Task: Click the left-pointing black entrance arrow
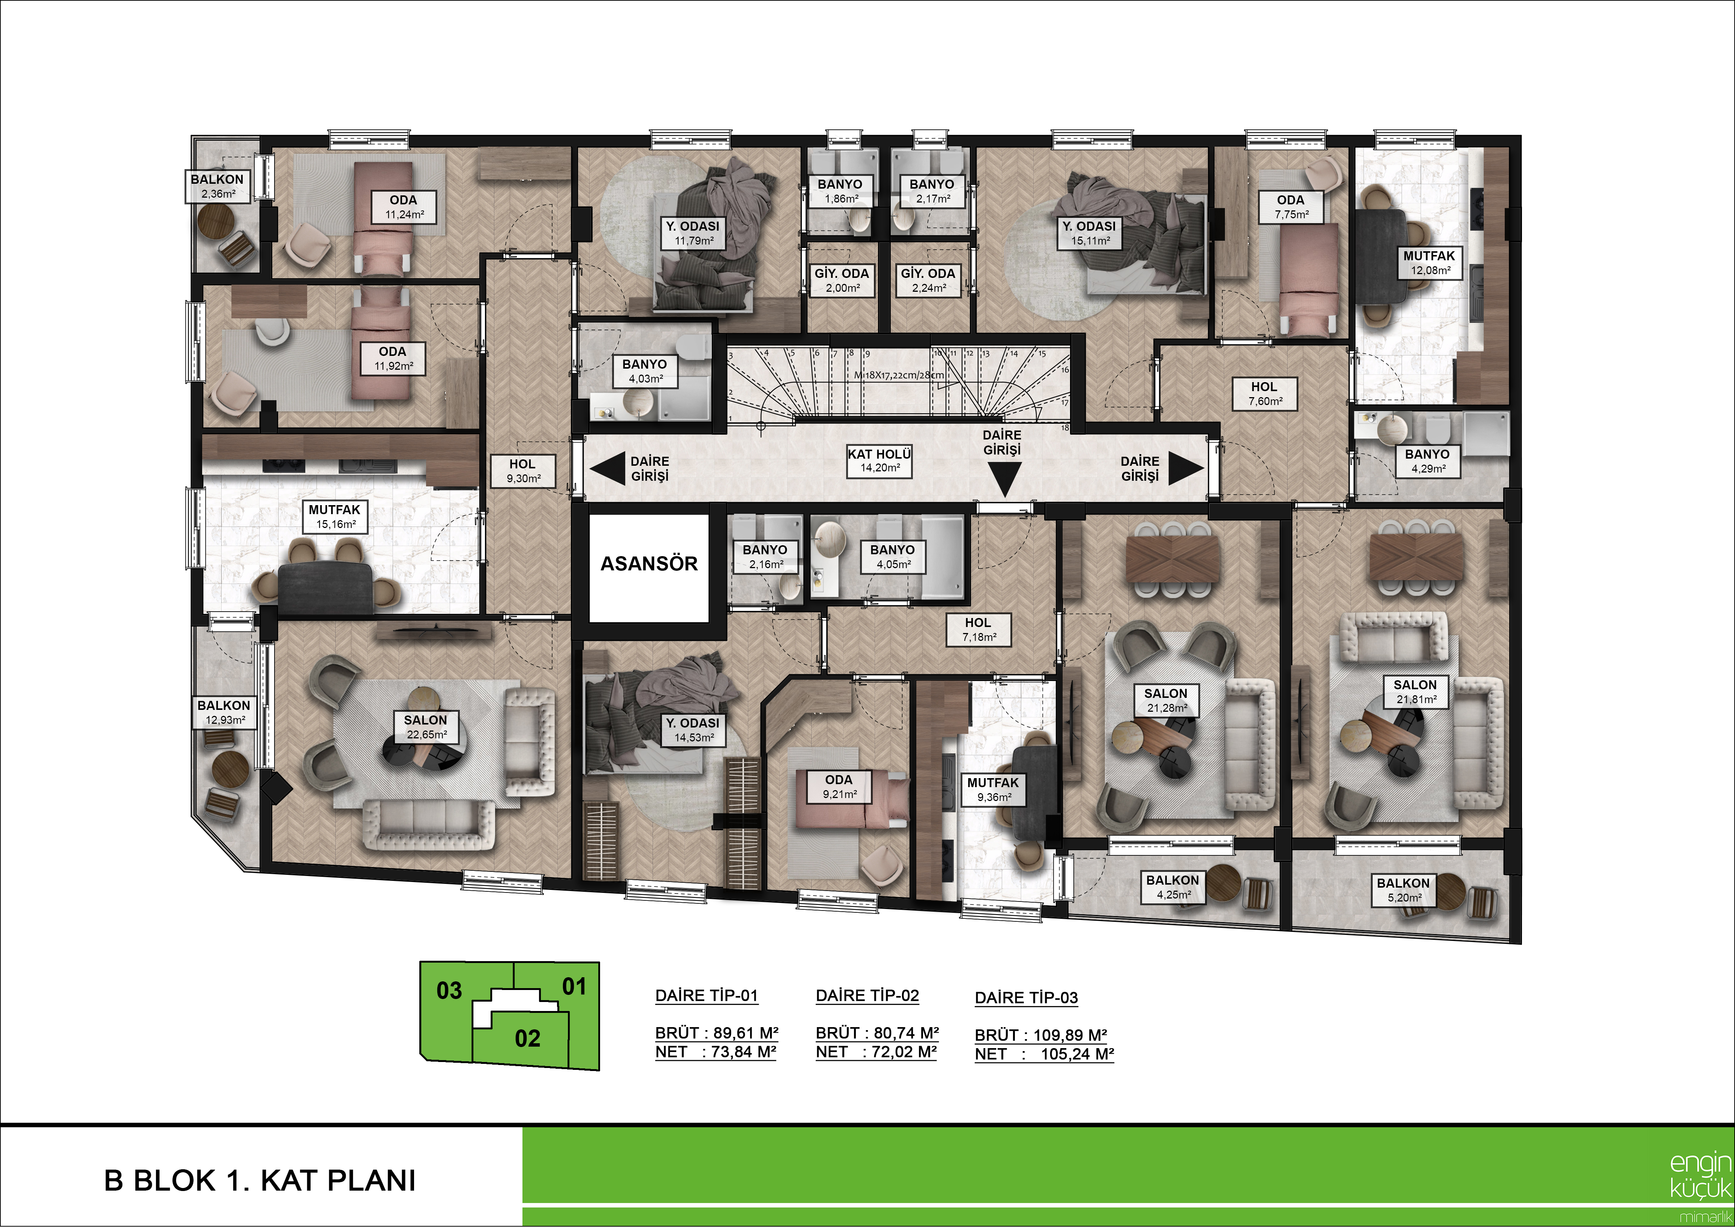tap(607, 468)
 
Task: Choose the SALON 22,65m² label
tap(425, 727)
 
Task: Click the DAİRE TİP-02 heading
tap(867, 996)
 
